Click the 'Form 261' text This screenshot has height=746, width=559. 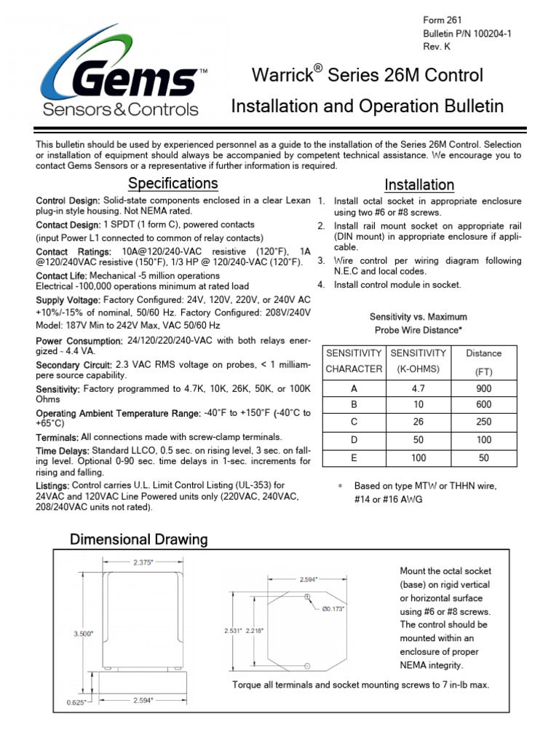pyautogui.click(x=443, y=20)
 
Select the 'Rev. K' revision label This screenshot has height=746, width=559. pyautogui.click(x=437, y=47)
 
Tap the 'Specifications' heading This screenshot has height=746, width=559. pyautogui.click(x=173, y=182)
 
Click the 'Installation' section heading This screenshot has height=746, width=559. pyautogui.click(x=419, y=184)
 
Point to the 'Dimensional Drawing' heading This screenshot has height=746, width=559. pyautogui.click(x=138, y=540)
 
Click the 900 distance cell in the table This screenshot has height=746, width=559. pyautogui.click(x=483, y=389)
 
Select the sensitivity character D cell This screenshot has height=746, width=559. pyautogui.click(x=354, y=441)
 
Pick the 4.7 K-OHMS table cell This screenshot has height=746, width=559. pyautogui.click(x=418, y=389)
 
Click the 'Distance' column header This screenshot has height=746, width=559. pyautogui.click(x=483, y=353)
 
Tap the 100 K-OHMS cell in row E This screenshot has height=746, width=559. pyautogui.click(x=418, y=459)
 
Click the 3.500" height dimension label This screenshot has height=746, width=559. pyautogui.click(x=83, y=634)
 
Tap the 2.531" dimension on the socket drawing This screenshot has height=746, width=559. pyautogui.click(x=234, y=630)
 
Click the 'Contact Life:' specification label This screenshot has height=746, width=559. pyautogui.click(x=62, y=276)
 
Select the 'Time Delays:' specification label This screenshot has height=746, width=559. pyautogui.click(x=63, y=451)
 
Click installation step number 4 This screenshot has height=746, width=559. pyautogui.click(x=321, y=285)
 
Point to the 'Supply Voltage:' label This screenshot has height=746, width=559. pyautogui.click(x=68, y=300)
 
